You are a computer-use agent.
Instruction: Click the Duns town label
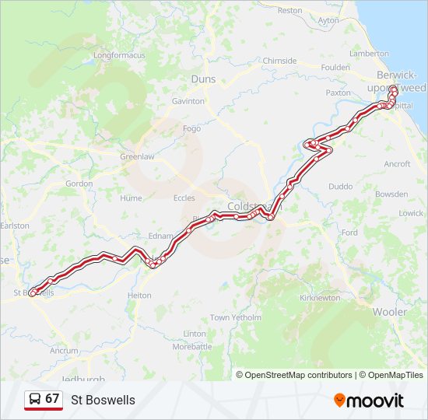coord(202,79)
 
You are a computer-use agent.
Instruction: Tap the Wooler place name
coord(389,312)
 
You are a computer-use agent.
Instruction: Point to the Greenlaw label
coord(135,156)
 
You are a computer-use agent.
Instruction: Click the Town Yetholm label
coord(235,317)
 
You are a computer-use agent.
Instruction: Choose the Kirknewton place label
coord(319,298)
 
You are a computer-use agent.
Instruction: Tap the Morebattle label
coord(191,347)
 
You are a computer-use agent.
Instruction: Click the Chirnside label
coord(279,61)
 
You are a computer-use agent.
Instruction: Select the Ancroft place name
coord(397,164)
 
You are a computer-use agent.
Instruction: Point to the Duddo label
coord(340,187)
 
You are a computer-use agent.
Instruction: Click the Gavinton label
coord(188,101)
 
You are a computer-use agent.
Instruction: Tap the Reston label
coord(289,11)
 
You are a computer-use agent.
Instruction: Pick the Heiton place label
coord(139,296)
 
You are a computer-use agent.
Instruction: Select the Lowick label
coord(411,213)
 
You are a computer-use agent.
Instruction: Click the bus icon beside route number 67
coord(35,400)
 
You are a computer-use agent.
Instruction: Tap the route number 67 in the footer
coord(52,399)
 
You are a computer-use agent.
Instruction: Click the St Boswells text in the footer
coord(103,401)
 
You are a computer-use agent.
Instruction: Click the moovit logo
coord(369,401)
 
